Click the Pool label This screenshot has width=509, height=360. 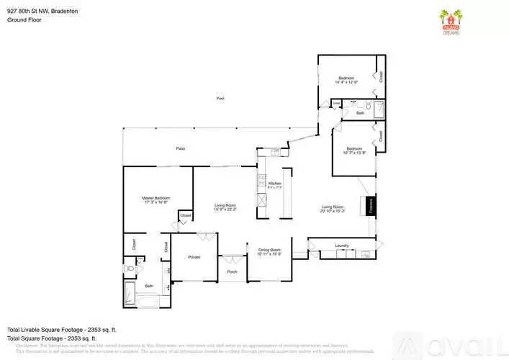tap(220, 98)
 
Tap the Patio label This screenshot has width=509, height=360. tap(181, 148)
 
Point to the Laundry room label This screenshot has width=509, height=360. tap(342, 246)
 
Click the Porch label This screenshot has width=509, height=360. tap(232, 271)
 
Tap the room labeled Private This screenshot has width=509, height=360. tap(194, 257)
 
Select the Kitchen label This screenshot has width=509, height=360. tap(274, 184)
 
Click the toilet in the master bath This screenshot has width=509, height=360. tap(129, 268)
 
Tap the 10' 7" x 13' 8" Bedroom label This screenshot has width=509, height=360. tap(354, 150)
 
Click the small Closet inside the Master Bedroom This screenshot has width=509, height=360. tap(185, 215)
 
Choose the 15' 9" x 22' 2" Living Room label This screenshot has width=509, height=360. tap(225, 207)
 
